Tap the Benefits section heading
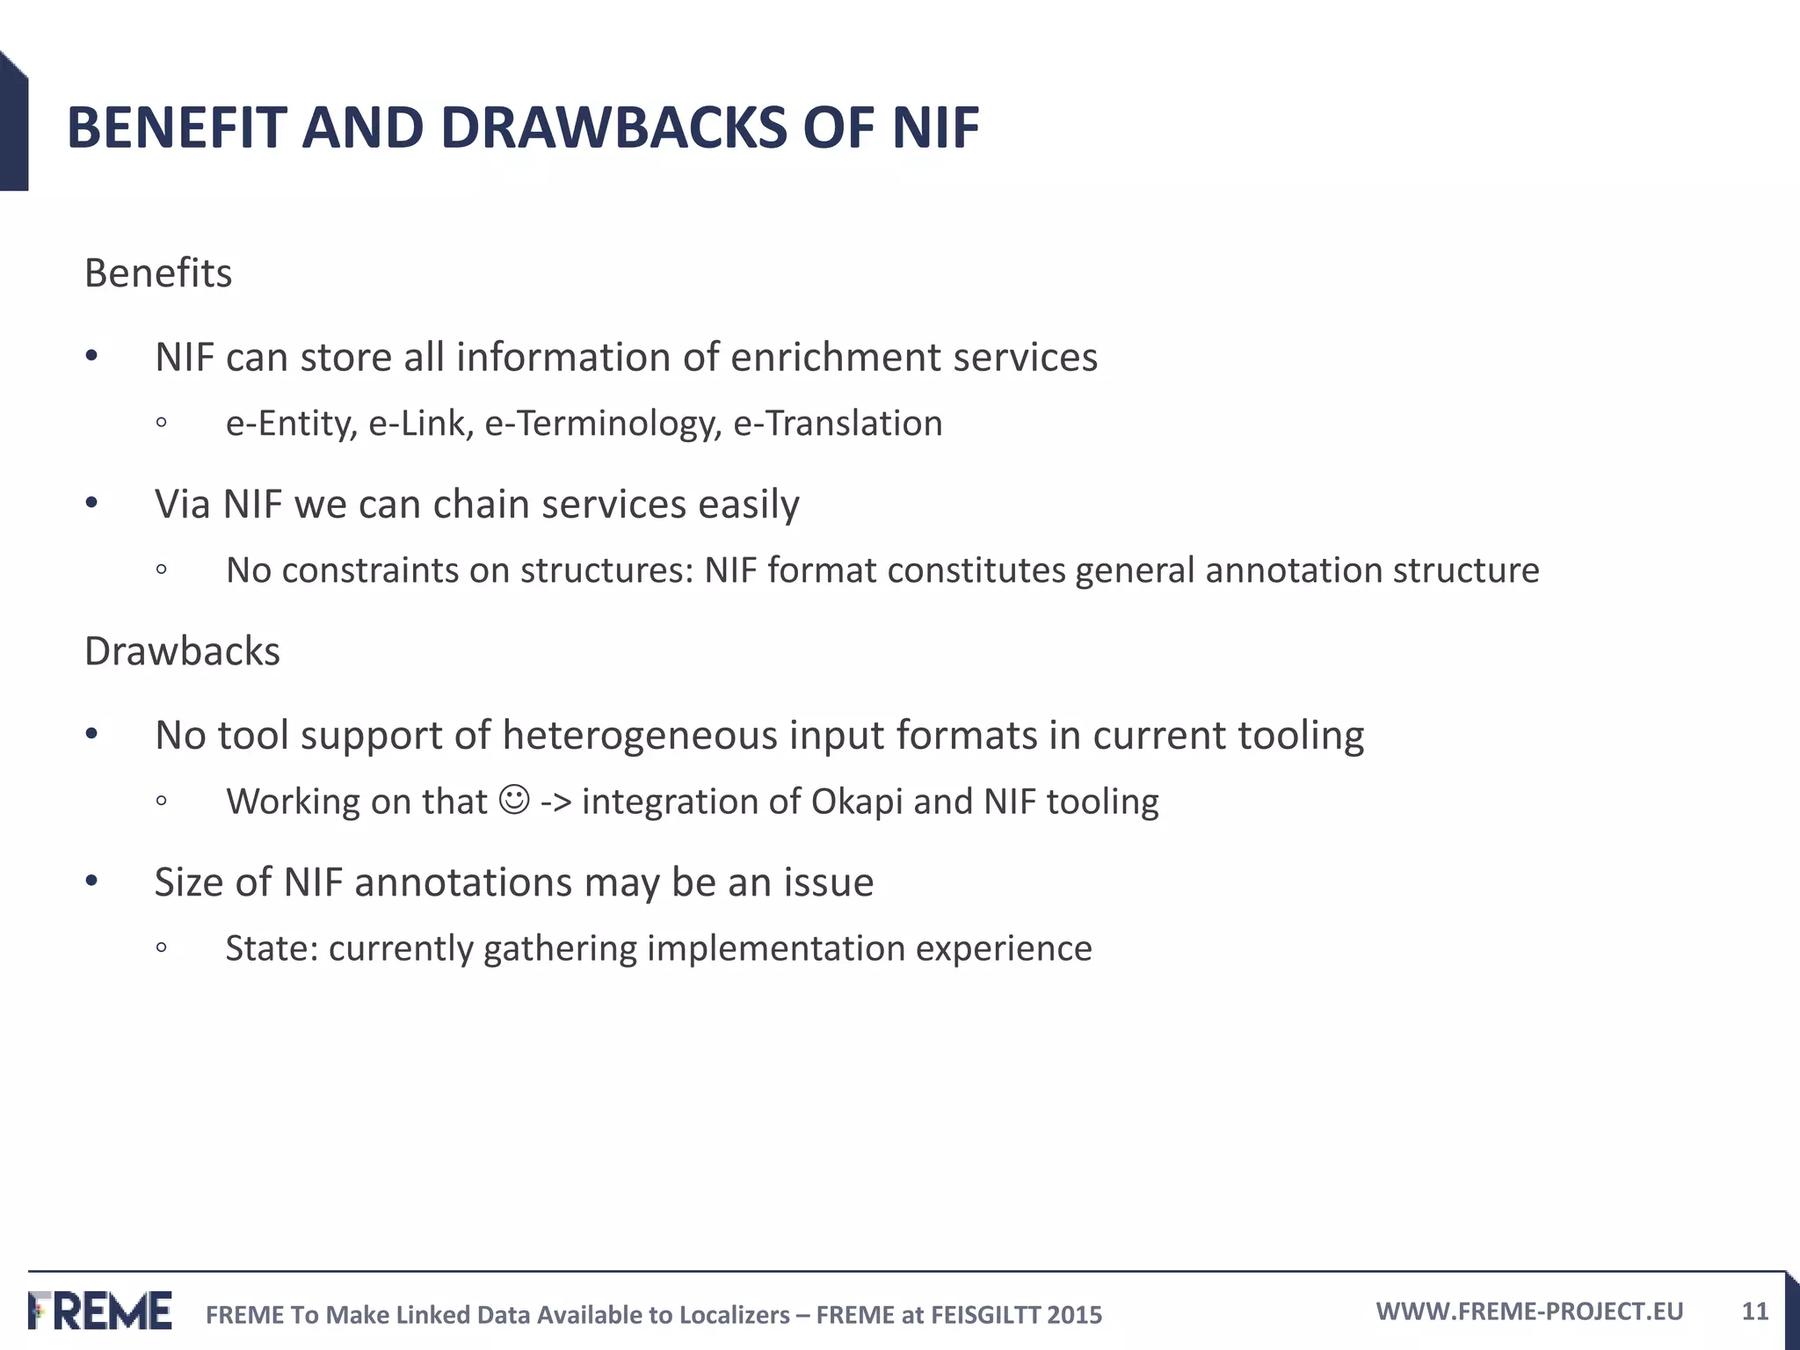coord(158,273)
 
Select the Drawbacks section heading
coord(182,651)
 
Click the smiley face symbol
coord(514,800)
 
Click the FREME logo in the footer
coord(100,1310)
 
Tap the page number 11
coord(1754,1311)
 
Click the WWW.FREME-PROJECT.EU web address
coord(1529,1311)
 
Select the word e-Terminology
coord(603,424)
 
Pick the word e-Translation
coord(838,424)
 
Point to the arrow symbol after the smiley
coord(555,802)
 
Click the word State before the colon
coord(267,948)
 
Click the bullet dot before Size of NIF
coord(91,881)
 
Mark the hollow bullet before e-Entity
coord(161,424)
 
